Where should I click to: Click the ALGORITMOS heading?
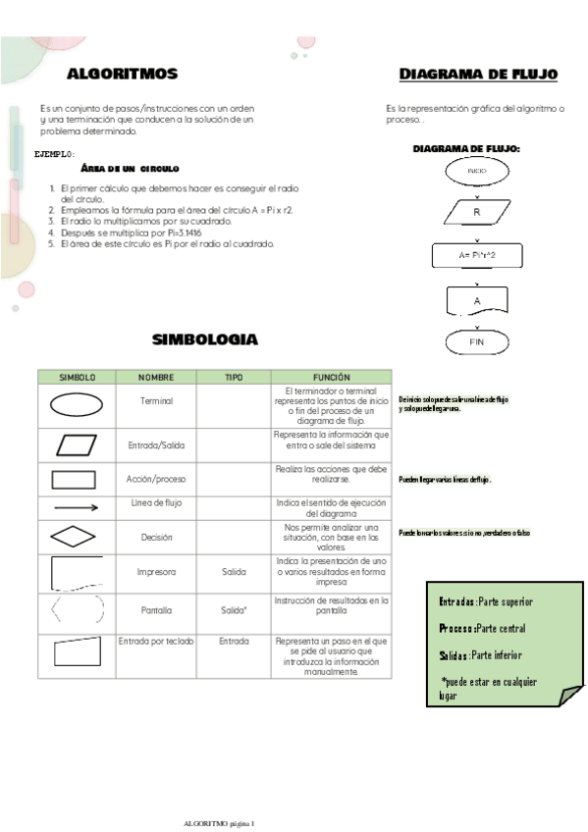[x=123, y=75]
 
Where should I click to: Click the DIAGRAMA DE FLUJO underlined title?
[x=479, y=75]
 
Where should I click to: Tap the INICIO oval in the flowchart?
[x=477, y=171]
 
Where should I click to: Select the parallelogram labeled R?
[x=477, y=212]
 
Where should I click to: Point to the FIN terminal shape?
[x=477, y=342]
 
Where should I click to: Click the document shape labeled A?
[x=477, y=300]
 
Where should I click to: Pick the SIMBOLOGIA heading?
[x=205, y=339]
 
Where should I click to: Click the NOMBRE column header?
[x=156, y=377]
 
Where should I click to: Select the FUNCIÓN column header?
[x=331, y=377]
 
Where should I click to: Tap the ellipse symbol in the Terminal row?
[x=76, y=402]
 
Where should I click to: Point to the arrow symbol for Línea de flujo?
[x=76, y=508]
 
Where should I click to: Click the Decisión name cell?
[x=156, y=538]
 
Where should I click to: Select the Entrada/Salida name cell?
[x=156, y=445]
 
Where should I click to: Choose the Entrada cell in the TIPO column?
[x=234, y=641]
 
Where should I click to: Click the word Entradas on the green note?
[x=457, y=601]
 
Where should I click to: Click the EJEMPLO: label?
[x=54, y=154]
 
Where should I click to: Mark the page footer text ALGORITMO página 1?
[x=219, y=822]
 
